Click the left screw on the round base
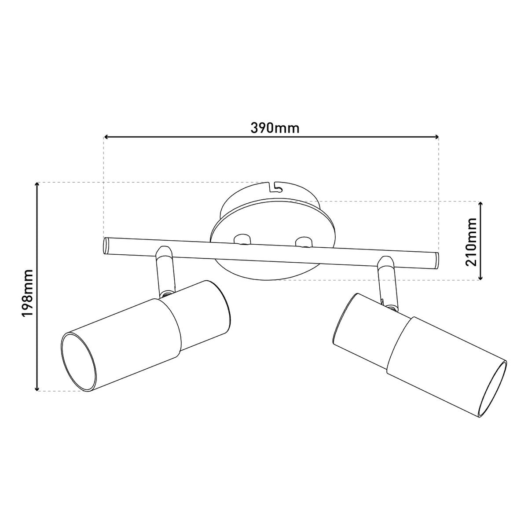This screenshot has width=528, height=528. coord(242,240)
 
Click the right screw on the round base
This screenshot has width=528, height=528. coord(304,242)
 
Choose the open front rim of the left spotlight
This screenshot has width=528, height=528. coord(78,361)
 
